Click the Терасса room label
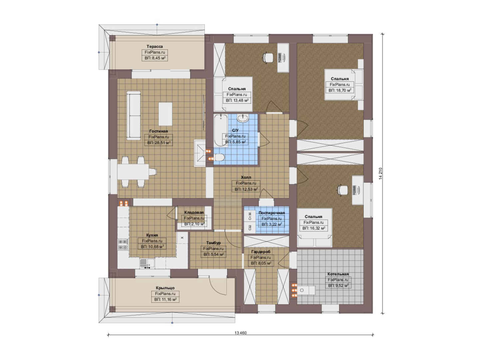point(155,47)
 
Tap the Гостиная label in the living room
point(159,131)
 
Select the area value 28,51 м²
point(159,143)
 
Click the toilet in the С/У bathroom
point(220,157)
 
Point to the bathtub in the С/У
point(221,130)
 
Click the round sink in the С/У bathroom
point(243,118)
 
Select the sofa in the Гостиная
point(134,116)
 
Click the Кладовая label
point(194,212)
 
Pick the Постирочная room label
point(271,213)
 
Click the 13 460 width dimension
point(241,333)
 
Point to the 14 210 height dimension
point(380,174)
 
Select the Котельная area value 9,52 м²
point(338,286)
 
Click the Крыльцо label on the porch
point(165,288)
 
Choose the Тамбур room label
point(214,243)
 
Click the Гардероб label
point(261,252)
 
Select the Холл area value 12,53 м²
point(246,189)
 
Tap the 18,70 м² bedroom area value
point(340,90)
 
